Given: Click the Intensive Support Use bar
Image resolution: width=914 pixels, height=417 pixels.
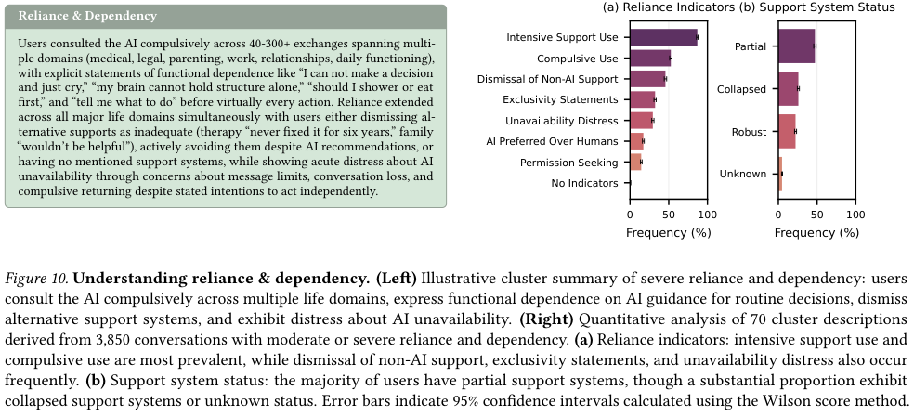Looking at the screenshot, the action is pos(664,37).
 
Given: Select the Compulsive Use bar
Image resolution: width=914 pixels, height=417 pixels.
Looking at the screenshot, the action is pos(650,59).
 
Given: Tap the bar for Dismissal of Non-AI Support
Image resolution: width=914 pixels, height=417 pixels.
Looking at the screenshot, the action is pos(647,79).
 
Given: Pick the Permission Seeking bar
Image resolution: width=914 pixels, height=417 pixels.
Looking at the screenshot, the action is pos(636,163).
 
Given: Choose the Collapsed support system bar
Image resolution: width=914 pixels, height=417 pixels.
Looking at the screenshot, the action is pos(788,88).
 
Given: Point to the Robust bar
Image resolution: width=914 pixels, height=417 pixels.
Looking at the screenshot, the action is pos(787,131).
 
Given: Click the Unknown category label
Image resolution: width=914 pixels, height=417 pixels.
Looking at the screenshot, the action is pos(743,174).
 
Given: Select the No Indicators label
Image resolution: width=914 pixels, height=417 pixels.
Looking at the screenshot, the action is pos(584,183).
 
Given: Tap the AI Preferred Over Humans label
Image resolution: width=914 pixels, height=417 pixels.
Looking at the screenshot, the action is pos(552,141).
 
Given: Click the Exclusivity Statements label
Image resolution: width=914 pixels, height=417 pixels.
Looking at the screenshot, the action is pos(560,99).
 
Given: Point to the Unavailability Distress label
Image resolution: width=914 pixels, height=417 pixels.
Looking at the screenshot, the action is pos(561,121).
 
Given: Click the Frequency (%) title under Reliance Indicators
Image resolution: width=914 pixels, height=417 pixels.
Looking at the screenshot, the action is pos(668,233).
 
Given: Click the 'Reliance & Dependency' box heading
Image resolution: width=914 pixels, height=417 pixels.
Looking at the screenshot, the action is pos(87,17).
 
